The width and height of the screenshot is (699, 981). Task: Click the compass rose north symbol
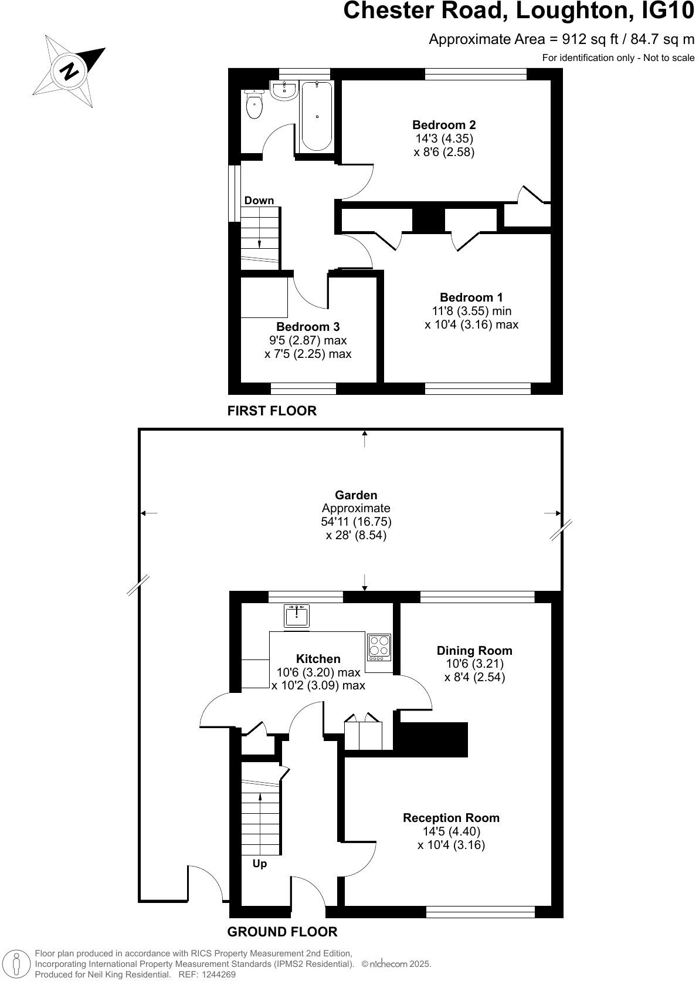pos(69,71)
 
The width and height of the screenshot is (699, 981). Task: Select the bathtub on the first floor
pos(317,116)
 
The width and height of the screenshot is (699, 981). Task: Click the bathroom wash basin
pos(285,90)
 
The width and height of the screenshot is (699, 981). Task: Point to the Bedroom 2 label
pos(444,125)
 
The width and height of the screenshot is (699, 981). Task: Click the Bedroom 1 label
pos(471,297)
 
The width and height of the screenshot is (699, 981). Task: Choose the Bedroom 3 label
pos(308,327)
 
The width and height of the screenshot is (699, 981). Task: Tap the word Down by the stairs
pos(259,201)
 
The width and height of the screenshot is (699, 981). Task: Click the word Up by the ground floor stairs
pos(259,864)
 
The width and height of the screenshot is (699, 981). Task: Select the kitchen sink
pos(297,616)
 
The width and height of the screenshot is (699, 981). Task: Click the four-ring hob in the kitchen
pos(379,646)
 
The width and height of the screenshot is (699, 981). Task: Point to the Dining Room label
pos(474,651)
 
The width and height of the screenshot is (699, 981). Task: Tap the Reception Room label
pos(451,818)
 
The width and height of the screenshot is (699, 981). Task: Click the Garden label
pos(356,495)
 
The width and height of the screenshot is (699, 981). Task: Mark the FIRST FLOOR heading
pos(272,411)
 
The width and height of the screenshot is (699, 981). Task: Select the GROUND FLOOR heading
pos(282,932)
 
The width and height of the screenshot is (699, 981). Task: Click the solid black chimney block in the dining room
pos(433,739)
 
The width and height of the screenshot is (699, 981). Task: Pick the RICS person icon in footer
pos(16,964)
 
